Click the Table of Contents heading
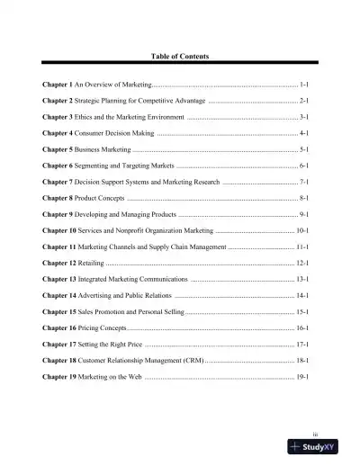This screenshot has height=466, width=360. click(180, 56)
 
